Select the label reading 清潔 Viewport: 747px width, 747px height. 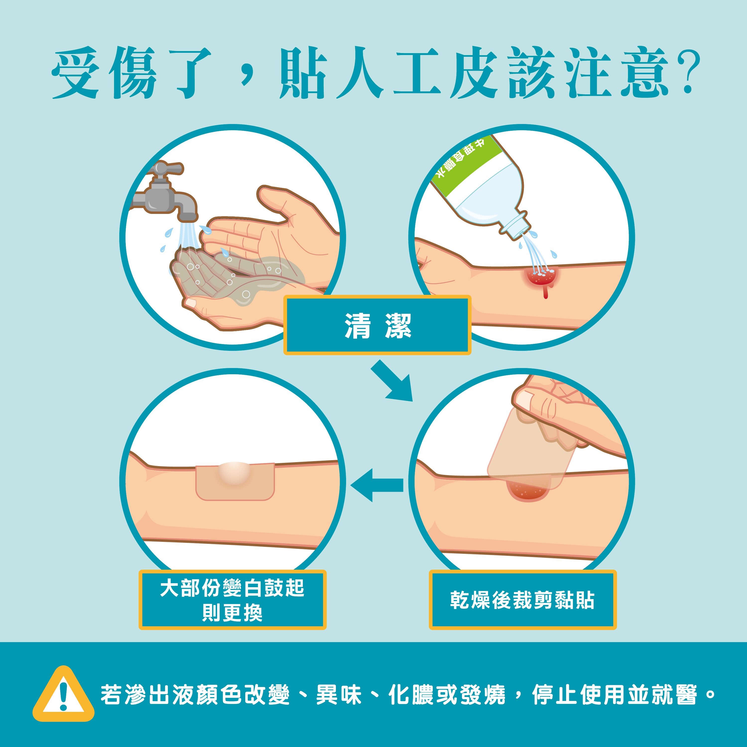point(377,325)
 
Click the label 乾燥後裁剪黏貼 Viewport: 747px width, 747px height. point(522,600)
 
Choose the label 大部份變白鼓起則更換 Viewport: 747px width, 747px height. point(232,600)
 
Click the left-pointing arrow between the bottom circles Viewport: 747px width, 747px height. point(376,485)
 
